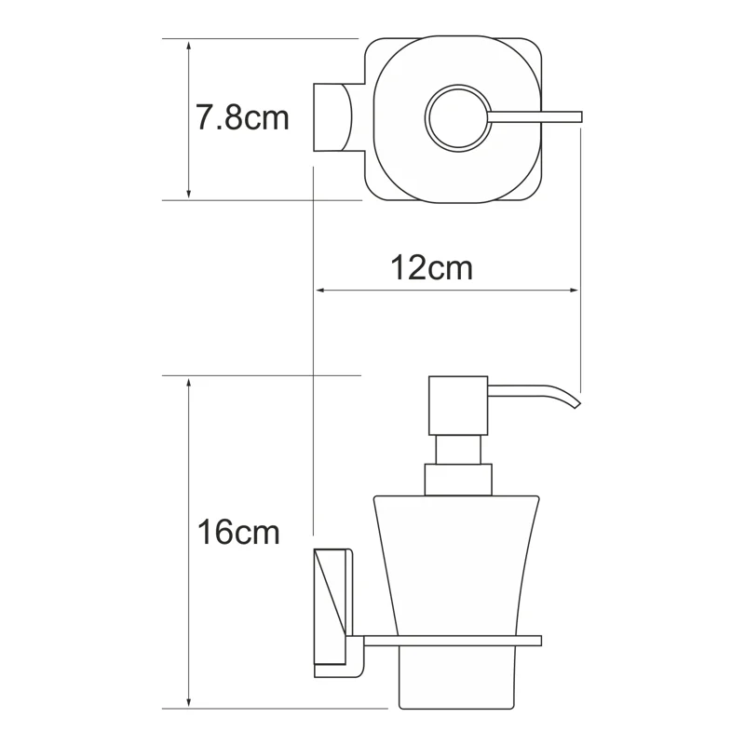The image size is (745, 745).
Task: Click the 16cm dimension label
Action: tap(238, 533)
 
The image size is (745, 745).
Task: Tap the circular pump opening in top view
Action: tap(455, 117)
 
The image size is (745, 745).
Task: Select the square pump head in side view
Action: tap(457, 405)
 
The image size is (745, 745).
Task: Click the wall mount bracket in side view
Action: tap(332, 612)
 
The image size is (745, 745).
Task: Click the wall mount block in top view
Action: tap(332, 117)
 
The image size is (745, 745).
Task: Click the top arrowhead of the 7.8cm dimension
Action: tap(189, 46)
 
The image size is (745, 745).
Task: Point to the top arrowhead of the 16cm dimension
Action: tap(189, 383)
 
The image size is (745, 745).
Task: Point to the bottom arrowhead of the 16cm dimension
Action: tap(189, 699)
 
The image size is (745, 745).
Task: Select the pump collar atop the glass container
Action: tap(456, 480)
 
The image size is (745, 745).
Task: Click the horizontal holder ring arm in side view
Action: tap(447, 641)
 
